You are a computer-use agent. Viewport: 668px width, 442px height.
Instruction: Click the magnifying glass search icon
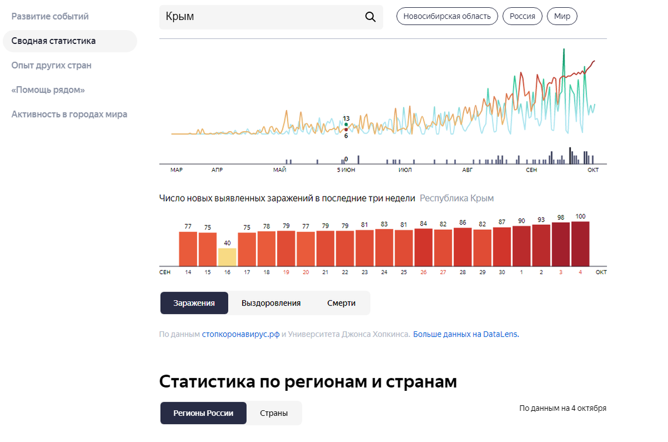pos(370,17)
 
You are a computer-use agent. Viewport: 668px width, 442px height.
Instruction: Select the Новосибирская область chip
pos(447,16)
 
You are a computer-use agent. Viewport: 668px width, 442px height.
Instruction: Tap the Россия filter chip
pos(523,16)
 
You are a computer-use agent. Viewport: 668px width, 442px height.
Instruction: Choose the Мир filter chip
pos(562,16)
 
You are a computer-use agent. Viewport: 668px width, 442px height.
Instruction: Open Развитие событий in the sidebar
pos(50,16)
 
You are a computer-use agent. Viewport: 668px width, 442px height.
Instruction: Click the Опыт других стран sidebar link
pos(51,65)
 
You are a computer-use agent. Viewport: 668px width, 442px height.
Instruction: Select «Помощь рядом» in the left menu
pos(48,90)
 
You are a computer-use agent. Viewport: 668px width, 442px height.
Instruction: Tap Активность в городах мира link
pos(69,114)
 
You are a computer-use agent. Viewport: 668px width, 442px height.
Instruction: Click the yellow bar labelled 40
pos(227,257)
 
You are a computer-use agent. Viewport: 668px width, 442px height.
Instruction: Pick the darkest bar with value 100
pos(580,244)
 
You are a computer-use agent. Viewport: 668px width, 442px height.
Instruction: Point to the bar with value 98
pos(561,244)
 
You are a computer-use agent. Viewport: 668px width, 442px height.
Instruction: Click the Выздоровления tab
pos(271,303)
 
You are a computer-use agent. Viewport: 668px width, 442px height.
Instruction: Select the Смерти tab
pos(341,303)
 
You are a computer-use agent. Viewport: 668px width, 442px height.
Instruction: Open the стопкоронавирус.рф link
pos(240,334)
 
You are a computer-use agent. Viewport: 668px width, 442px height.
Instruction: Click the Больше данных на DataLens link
pos(465,334)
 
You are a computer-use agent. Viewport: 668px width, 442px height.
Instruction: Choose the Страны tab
pos(274,413)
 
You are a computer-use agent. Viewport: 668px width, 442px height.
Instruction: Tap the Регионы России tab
pos(203,413)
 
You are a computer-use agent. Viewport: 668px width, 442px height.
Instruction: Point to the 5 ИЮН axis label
pos(346,170)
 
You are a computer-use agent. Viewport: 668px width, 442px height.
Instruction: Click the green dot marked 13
pos(346,125)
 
